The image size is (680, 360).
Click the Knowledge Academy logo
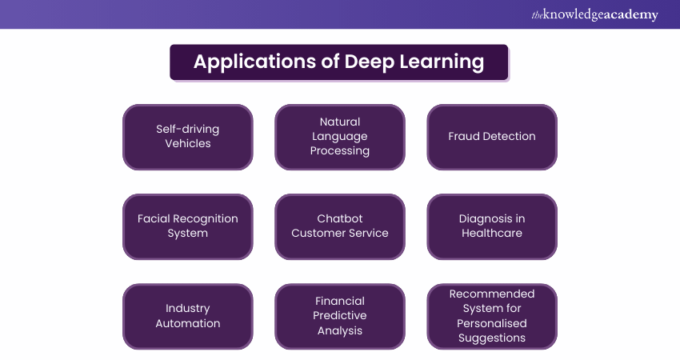pos(594,14)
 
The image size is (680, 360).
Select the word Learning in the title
pos(442,62)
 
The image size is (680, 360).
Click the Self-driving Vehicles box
pos(188,137)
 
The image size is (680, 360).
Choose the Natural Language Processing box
pos(340,137)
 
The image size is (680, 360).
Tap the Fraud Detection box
pos(492,137)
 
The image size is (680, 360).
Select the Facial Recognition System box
pos(188,226)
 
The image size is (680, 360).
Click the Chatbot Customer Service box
pos(340,226)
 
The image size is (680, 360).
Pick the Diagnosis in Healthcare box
pos(492,226)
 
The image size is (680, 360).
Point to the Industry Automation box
pos(188,316)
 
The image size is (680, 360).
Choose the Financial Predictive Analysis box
pos(340,316)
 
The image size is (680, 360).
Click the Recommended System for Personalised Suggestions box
pos(492,316)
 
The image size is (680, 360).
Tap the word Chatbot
pos(340,218)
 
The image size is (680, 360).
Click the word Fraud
pos(465,136)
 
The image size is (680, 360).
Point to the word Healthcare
pos(492,233)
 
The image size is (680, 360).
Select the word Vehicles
pos(188,143)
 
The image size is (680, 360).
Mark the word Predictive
pos(340,315)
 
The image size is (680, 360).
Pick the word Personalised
pos(492,323)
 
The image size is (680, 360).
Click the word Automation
pos(188,323)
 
